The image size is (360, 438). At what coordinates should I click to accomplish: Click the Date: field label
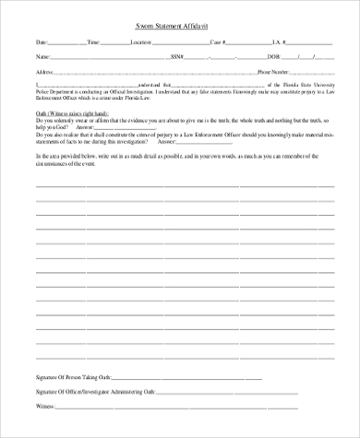[x=42, y=42]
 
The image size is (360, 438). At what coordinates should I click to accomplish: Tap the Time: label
[x=94, y=42]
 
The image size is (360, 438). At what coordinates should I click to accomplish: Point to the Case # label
[x=218, y=42]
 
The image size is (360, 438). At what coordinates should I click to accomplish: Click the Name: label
[x=42, y=55]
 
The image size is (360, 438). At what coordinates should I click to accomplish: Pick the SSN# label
[x=178, y=55]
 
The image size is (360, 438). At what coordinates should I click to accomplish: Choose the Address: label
[x=45, y=70]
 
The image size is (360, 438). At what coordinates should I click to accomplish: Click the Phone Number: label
[x=277, y=70]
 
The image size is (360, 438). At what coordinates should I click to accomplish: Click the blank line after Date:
[x=67, y=43]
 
